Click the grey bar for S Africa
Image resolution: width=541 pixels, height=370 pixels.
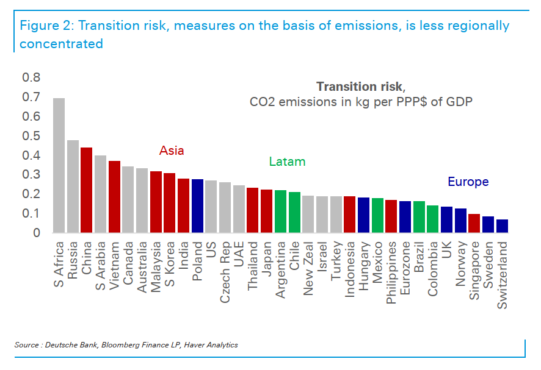tap(59, 165)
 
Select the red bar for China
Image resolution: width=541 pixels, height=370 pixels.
tap(87, 190)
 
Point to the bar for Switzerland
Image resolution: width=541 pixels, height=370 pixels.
tap(502, 226)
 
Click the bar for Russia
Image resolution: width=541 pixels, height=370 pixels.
tap(73, 186)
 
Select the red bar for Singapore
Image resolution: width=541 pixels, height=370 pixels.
tap(474, 223)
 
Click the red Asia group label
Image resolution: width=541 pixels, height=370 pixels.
tap(172, 151)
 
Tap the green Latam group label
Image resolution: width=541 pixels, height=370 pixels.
tap(287, 162)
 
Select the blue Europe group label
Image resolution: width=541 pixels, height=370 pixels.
tap(468, 182)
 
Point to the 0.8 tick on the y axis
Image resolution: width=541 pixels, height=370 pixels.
tap(31, 77)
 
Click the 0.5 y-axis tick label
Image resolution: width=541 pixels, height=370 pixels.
tap(31, 136)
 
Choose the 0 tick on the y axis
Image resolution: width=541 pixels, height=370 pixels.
tap(37, 233)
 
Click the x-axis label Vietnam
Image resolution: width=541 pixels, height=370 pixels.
tap(114, 261)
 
